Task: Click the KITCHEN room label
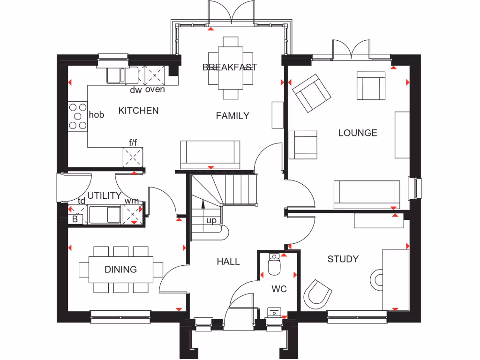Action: coord(138,111)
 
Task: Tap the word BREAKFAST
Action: coord(230,67)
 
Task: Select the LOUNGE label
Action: coord(358,133)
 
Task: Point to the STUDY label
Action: coord(343,259)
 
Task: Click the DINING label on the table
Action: coord(120,269)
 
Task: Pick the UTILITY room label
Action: coord(104,195)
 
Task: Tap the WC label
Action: coord(279,289)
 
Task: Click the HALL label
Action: coord(228,262)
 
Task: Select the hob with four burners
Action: coord(78,116)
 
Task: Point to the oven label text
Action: coord(155,90)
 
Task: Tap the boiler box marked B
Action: coord(75,219)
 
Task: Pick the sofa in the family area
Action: coord(210,154)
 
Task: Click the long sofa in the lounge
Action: coord(367,194)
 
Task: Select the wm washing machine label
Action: coord(131,201)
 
